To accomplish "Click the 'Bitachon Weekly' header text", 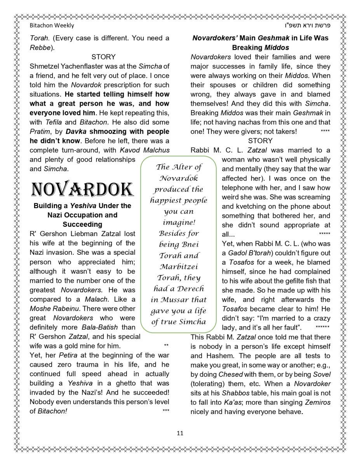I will pyautogui.click(x=52, y=26).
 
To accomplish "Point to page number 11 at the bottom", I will pyautogui.click(x=180, y=433).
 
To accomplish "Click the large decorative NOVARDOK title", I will pyautogui.click(x=82, y=190).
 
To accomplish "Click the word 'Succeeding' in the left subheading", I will pyautogui.click(x=82, y=224).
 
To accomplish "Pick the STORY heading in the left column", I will pyautogui.click(x=103, y=57).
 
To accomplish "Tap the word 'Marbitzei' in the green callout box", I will pyautogui.click(x=178, y=267).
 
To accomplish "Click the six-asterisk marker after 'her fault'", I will pyautogui.click(x=322, y=327).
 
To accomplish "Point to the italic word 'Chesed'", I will pyautogui.click(x=231, y=374).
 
